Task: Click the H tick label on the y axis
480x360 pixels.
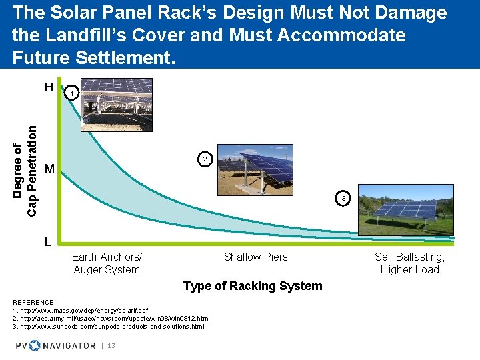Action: pos(49,87)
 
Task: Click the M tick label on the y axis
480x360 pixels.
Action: pos(49,169)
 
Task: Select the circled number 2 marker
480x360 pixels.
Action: pos(205,159)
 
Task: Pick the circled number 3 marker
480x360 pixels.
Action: pos(343,199)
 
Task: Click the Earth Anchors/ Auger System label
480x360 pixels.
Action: pos(107,263)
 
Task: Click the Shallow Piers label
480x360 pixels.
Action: pos(256,257)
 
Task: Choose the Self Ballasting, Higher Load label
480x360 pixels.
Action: pos(409,263)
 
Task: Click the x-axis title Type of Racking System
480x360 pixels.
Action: pos(252,286)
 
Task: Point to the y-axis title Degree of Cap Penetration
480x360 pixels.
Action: pos(25,167)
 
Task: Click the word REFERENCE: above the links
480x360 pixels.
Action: pos(34,303)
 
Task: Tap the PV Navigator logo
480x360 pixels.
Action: pos(56,345)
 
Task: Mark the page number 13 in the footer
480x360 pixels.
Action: pos(111,346)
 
